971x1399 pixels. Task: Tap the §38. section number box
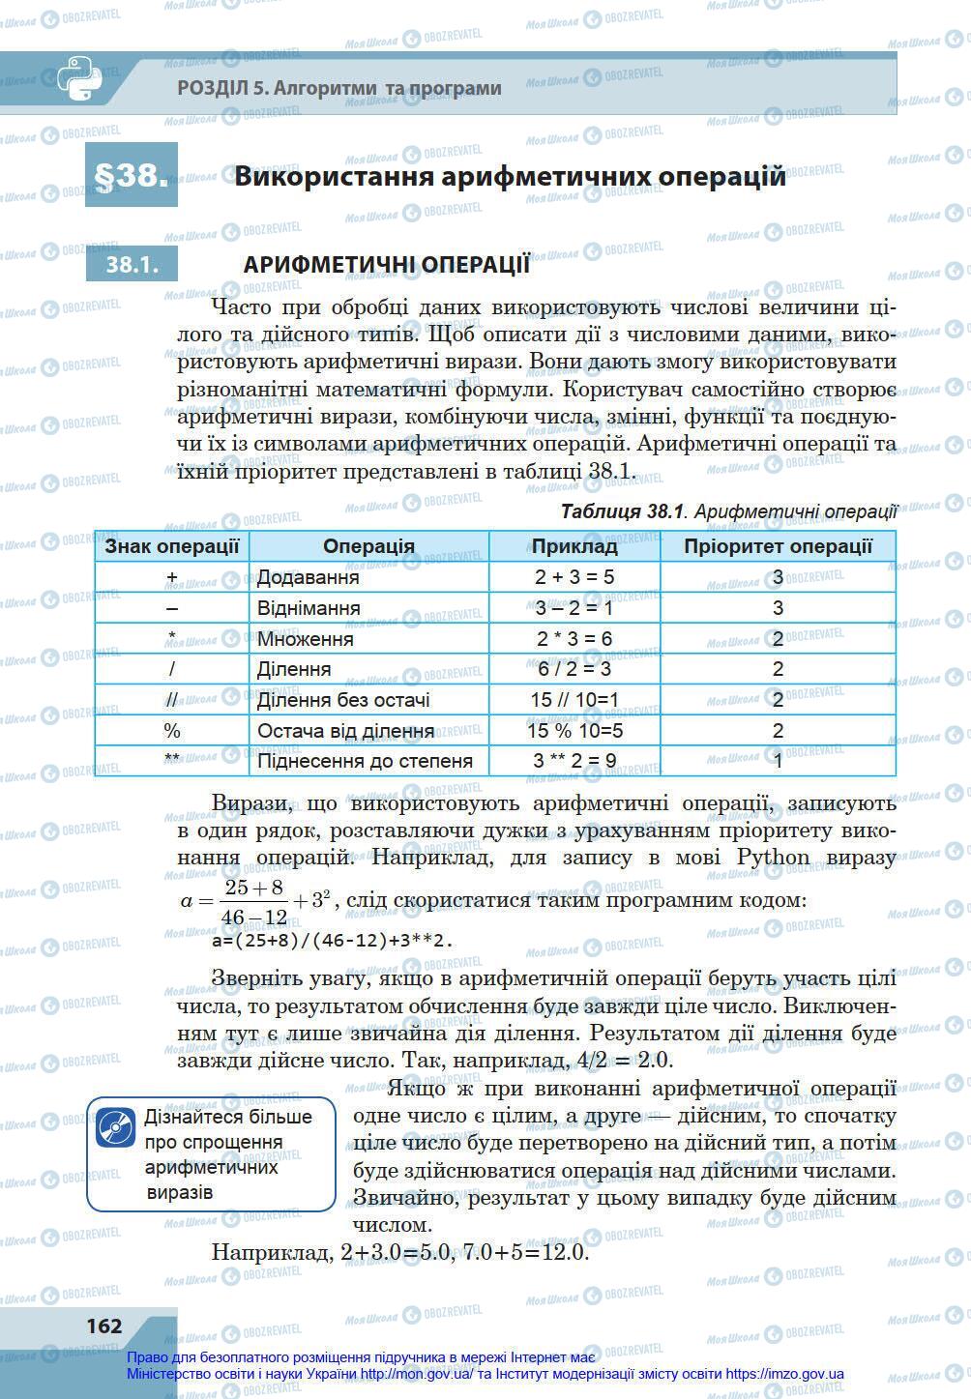click(x=132, y=176)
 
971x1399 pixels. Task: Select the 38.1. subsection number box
click(x=132, y=264)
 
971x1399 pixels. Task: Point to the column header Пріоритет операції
click(x=778, y=546)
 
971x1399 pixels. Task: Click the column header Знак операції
click(x=171, y=546)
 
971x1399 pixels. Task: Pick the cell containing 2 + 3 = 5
click(x=574, y=577)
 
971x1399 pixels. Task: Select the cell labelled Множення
click(x=306, y=639)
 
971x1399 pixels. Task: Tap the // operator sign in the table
click(x=171, y=700)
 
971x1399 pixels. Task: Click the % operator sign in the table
click(x=171, y=731)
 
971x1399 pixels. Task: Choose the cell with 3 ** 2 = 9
click(x=574, y=761)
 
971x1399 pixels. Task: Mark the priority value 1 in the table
click(x=778, y=761)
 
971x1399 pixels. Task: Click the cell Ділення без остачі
click(x=343, y=700)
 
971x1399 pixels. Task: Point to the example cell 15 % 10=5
click(x=574, y=731)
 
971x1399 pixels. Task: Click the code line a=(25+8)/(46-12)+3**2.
click(x=332, y=940)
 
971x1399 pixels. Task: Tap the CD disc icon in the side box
click(x=115, y=1127)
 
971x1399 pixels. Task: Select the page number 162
click(x=104, y=1326)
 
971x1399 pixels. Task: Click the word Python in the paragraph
click(x=774, y=858)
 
